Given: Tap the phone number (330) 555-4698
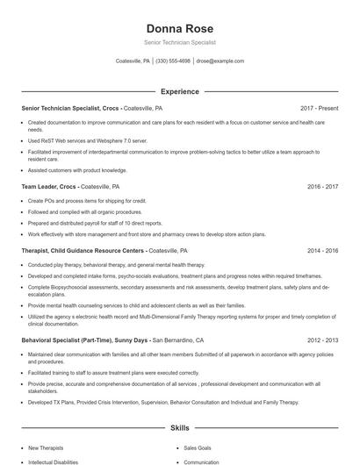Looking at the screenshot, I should tap(174, 61).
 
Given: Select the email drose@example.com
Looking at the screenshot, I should tap(220, 61).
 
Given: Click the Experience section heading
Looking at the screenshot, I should tap(180, 91).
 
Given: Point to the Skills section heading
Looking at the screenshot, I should tap(180, 428).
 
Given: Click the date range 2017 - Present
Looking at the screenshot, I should tap(320, 108).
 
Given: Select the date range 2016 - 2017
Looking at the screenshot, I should tap(323, 187).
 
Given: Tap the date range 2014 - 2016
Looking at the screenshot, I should tap(323, 250).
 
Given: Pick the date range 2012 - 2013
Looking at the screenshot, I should tap(323, 340).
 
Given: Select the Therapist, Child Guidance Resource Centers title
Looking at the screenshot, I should tap(83, 250).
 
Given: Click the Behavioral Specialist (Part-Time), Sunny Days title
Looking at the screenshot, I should tap(85, 340).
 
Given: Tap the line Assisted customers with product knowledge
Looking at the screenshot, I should tap(77, 170).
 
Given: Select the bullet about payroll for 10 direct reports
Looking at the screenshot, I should tap(95, 224).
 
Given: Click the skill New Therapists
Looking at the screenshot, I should tap(47, 447).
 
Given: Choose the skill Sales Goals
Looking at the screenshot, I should tap(198, 447).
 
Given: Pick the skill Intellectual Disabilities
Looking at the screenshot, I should tap(54, 461).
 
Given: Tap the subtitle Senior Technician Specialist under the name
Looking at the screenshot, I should tap(180, 42).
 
